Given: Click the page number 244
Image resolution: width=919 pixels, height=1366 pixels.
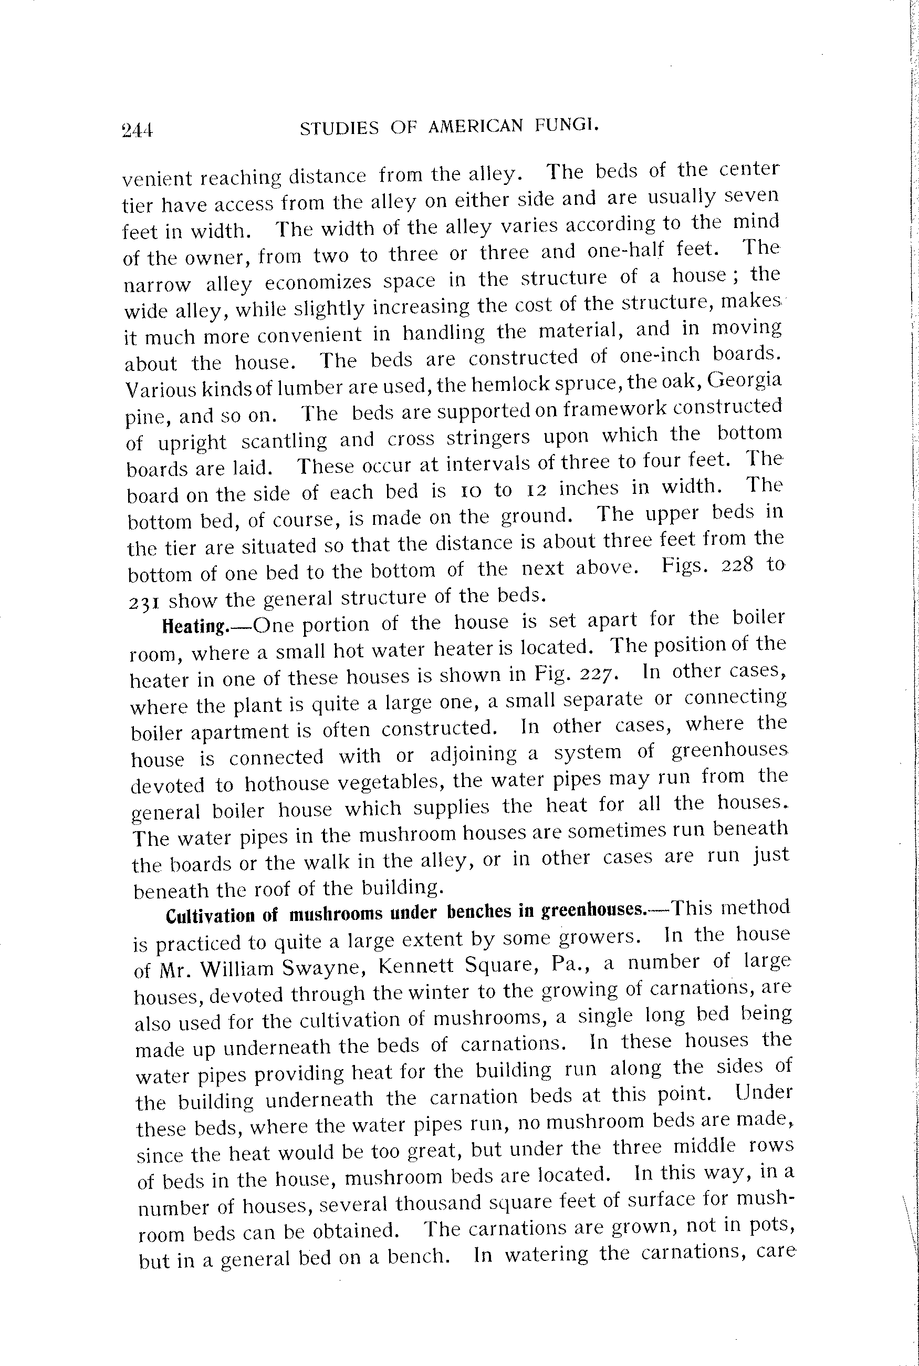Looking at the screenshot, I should pyautogui.click(x=137, y=130).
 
